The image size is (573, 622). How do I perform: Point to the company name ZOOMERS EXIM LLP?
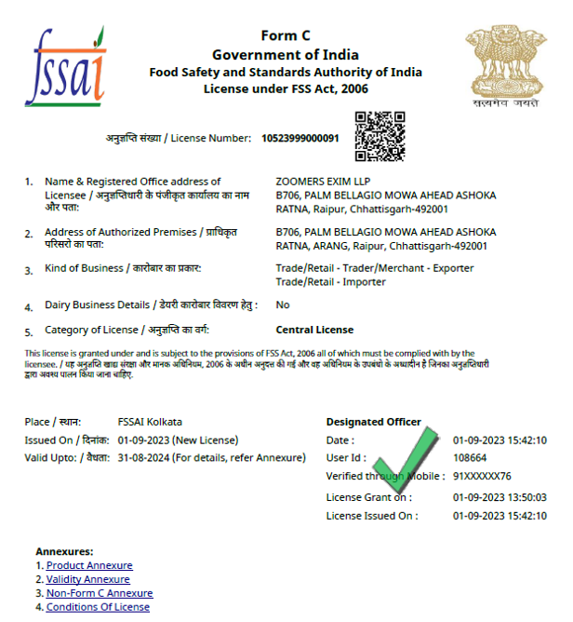pyautogui.click(x=322, y=182)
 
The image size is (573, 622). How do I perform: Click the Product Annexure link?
pyautogui.click(x=89, y=565)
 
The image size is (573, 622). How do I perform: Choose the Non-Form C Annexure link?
pyautogui.click(x=100, y=593)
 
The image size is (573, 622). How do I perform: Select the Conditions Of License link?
pyautogui.click(x=98, y=607)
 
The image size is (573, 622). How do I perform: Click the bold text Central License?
pyautogui.click(x=314, y=330)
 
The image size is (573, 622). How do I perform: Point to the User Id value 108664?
pyautogui.click(x=470, y=457)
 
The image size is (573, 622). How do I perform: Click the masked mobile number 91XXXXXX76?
pyautogui.click(x=482, y=475)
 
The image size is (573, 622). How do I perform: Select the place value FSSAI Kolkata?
pyautogui.click(x=150, y=422)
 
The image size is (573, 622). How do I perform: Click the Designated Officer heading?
pyautogui.click(x=373, y=422)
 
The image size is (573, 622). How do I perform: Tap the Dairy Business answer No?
pyautogui.click(x=283, y=304)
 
